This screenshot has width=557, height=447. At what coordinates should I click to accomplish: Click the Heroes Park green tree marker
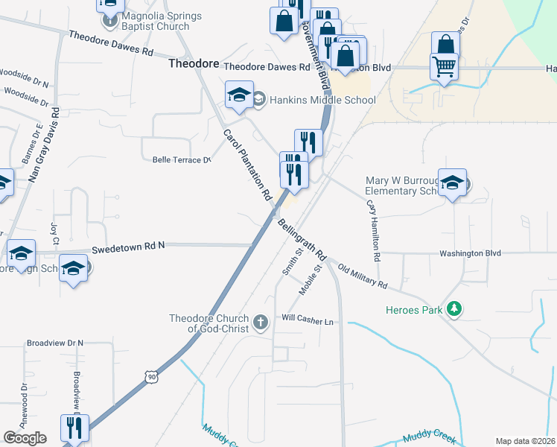coord(453,309)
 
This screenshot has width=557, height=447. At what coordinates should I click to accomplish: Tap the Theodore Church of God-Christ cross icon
coord(260,323)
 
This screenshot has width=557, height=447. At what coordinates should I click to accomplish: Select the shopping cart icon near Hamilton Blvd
coord(444,67)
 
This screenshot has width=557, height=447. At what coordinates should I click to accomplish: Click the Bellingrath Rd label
coord(302,238)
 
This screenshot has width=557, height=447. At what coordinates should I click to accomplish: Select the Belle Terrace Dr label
coord(182,159)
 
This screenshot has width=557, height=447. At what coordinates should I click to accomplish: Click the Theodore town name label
coord(194,64)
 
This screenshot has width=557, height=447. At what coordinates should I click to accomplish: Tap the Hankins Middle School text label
coord(322,100)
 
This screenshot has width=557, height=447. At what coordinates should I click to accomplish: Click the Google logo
coord(25,438)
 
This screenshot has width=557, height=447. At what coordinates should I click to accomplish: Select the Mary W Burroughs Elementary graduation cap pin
coord(452,183)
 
